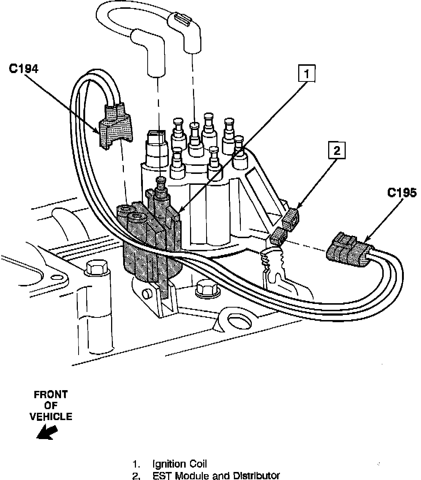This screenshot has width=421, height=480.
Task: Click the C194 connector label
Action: point(23,69)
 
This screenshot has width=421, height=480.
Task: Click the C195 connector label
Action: point(402,193)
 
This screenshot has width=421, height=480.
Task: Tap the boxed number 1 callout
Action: point(307,74)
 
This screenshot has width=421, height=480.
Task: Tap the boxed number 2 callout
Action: point(337,150)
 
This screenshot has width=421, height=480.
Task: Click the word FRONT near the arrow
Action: point(51,395)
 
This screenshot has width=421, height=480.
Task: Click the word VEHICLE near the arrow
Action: point(51,416)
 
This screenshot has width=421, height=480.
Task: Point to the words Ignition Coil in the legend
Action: point(179,464)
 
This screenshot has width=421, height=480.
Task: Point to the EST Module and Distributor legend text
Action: point(216,476)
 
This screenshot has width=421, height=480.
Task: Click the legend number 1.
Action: point(137,465)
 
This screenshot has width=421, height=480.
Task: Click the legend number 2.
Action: point(137,476)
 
